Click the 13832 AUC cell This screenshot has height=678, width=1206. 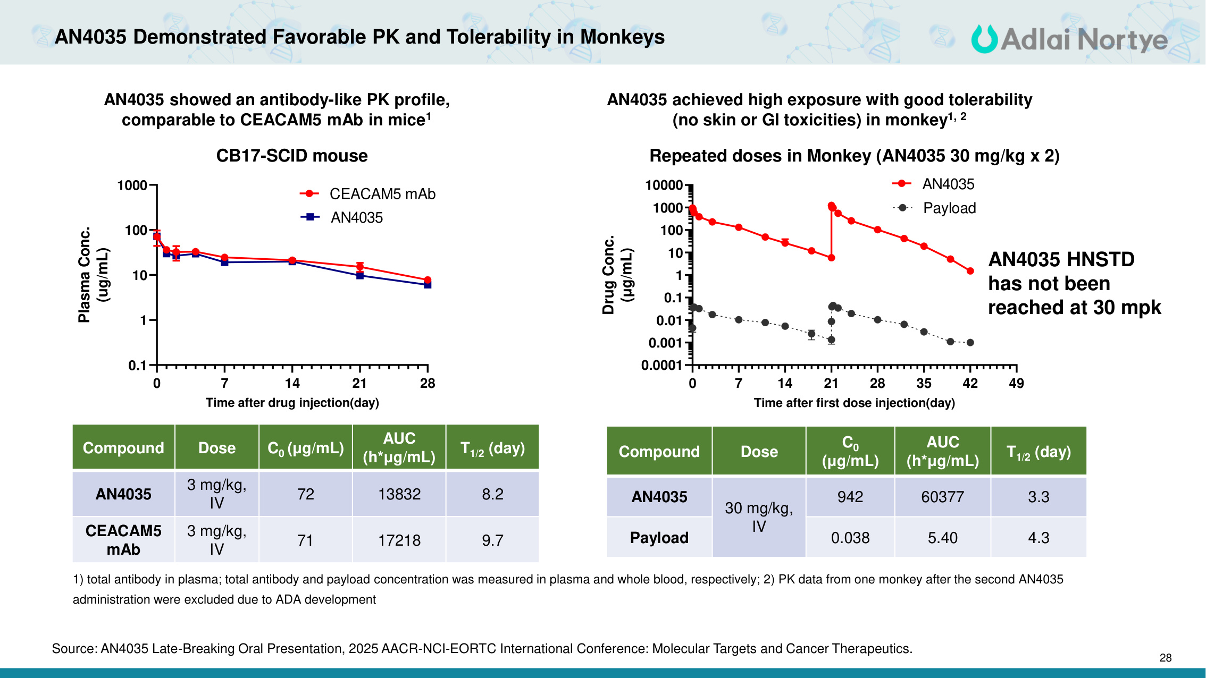pos(399,494)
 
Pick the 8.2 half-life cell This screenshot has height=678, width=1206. pos(492,494)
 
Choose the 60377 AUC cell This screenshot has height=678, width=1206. pos(942,497)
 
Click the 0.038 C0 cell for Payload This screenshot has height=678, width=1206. pos(850,538)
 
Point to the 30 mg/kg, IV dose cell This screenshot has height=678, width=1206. pos(759,517)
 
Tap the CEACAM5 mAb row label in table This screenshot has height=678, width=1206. pos(123,540)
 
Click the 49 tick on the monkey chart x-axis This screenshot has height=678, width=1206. pos(1016,383)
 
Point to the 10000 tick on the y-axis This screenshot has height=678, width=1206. pos(664,185)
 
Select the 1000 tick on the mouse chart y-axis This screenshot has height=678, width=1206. pos(132,185)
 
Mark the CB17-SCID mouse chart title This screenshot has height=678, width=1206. pos(292,156)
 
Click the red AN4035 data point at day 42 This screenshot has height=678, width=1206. pos(970,271)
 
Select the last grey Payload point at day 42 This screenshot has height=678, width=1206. pos(970,343)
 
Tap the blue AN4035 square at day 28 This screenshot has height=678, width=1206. pos(428,285)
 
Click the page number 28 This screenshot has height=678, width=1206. pos(1165,658)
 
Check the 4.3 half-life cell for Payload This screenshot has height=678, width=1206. pos(1038,538)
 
